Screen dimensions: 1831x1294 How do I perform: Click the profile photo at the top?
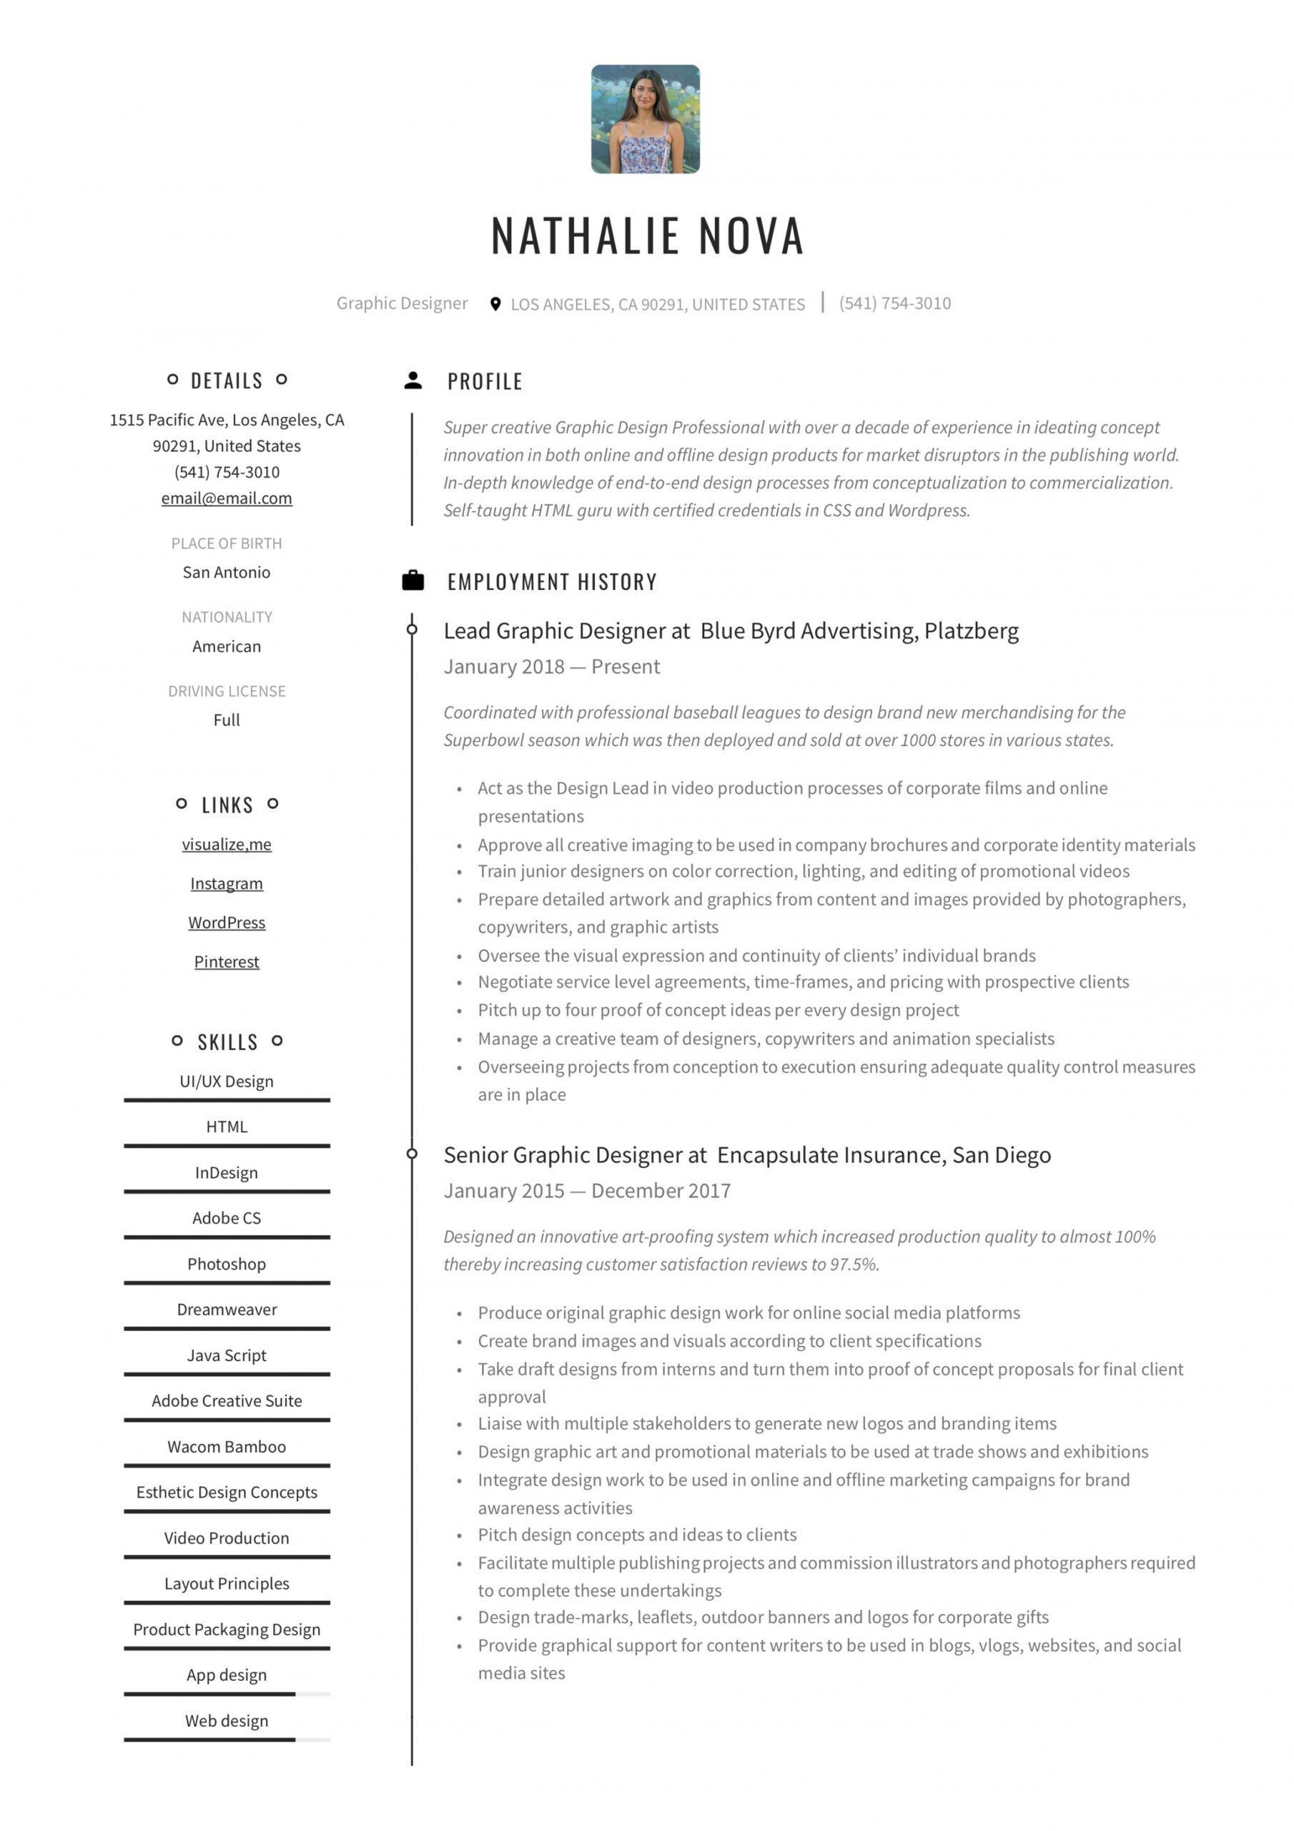(645, 119)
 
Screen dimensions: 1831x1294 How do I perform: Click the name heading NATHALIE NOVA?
(646, 236)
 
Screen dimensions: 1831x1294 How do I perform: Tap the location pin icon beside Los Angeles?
(495, 304)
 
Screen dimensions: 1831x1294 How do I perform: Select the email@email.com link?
(227, 499)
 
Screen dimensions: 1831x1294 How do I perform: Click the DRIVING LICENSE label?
(227, 691)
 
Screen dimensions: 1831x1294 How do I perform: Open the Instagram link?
(227, 883)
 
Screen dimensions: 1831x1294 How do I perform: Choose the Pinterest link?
(227, 962)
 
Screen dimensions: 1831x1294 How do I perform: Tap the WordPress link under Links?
(227, 923)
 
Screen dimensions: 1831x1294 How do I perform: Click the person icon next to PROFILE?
(413, 381)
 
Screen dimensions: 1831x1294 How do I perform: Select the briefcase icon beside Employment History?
(413, 581)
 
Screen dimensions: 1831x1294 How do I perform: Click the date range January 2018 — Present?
(552, 667)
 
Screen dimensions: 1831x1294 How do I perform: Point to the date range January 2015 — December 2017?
(587, 1191)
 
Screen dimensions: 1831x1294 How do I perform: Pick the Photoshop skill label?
(227, 1264)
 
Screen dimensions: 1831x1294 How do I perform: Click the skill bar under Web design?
(227, 1740)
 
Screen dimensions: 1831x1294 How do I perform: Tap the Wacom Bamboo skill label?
(227, 1447)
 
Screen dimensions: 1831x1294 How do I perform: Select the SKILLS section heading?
(227, 1042)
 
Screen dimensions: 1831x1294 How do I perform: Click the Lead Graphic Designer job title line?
(731, 631)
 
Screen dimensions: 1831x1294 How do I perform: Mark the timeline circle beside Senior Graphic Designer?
(413, 1154)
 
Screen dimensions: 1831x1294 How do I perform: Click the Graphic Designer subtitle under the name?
(402, 303)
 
